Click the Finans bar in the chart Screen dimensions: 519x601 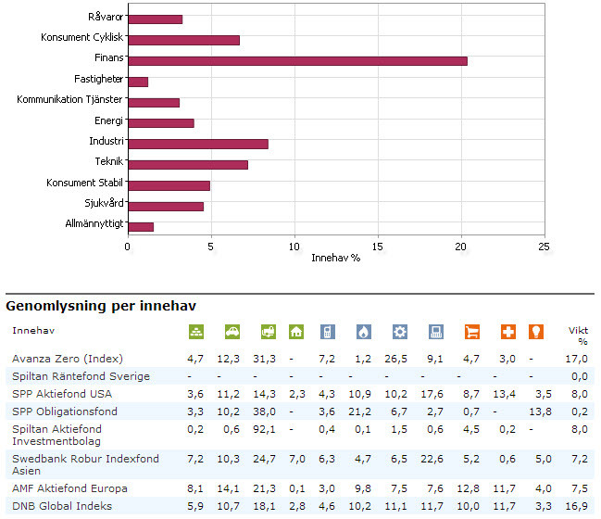[297, 60]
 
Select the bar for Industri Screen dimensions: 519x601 [197, 144]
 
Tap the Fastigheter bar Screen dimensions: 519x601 [138, 82]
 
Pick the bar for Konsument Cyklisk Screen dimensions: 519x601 [183, 40]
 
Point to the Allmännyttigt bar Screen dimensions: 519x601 [141, 226]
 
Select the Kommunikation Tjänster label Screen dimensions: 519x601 [69, 101]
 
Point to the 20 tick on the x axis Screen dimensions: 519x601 [461, 247]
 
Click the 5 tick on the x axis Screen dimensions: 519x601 [211, 247]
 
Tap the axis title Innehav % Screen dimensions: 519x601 [335, 257]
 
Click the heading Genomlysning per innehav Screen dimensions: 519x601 [101, 305]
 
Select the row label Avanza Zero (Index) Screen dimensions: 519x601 [68, 359]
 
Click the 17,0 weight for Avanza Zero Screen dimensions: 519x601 [579, 359]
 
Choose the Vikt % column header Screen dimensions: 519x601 [578, 335]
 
